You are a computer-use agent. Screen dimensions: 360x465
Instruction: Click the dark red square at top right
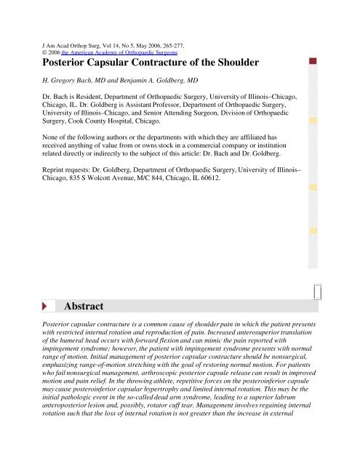click(x=312, y=61)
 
